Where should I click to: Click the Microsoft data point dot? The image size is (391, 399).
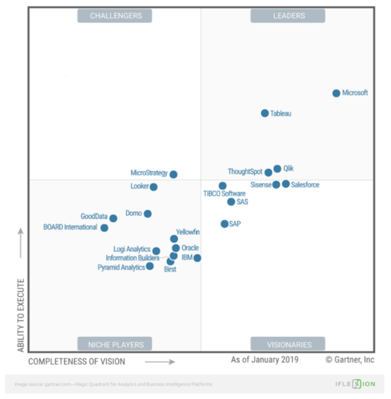[x=336, y=93]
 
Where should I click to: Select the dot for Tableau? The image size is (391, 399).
[x=265, y=113]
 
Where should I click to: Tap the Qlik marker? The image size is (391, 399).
[x=277, y=169]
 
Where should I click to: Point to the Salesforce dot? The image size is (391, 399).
[x=286, y=184]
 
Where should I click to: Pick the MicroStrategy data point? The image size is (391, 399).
[x=174, y=174]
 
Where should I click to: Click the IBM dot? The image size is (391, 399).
[x=197, y=258]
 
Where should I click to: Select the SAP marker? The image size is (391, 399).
[x=225, y=224]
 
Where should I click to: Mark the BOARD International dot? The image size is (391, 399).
[x=104, y=228]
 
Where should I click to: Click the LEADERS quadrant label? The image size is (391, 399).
[x=288, y=16]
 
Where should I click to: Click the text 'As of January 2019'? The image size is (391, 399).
[x=264, y=359]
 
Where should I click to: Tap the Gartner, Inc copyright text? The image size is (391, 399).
[x=350, y=359]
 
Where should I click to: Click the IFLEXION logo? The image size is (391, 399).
[x=356, y=384]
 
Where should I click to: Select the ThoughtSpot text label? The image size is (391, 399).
[x=245, y=172]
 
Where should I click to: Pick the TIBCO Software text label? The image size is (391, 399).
[x=224, y=194]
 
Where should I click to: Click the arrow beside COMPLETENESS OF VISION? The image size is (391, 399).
[x=160, y=361]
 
